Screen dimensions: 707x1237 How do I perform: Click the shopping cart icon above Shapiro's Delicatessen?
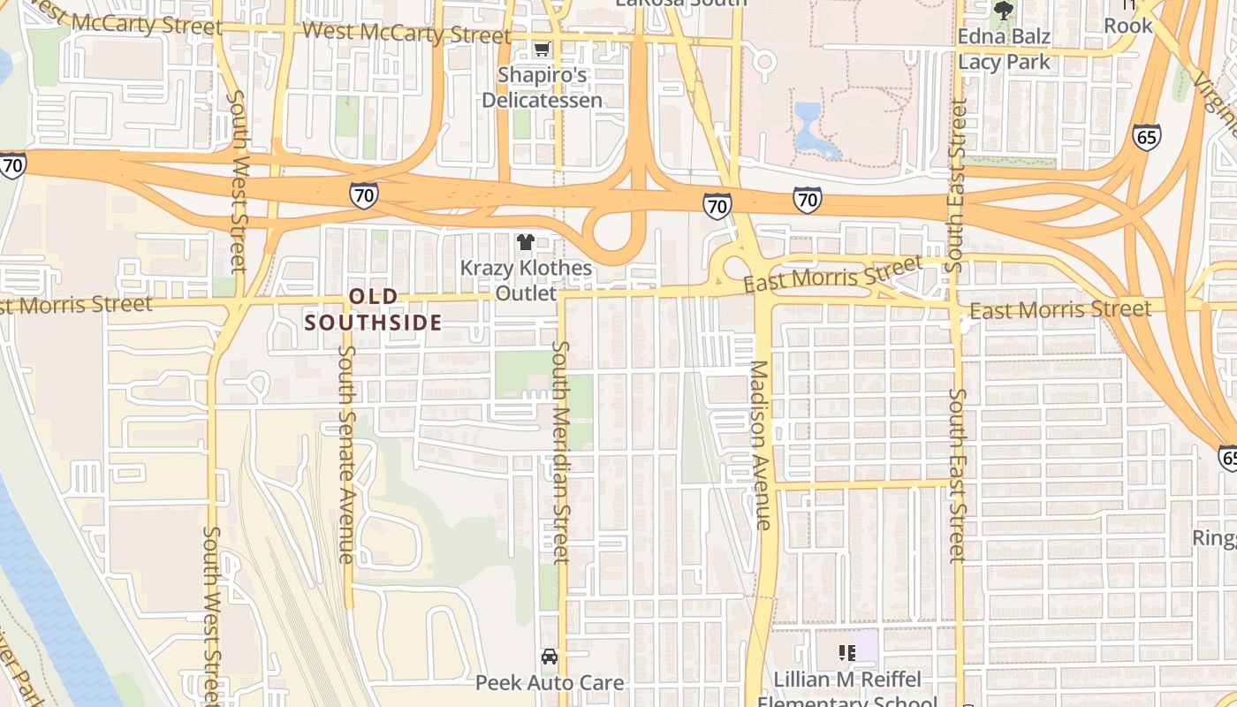coord(542,49)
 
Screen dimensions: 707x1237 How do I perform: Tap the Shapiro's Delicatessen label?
coord(543,87)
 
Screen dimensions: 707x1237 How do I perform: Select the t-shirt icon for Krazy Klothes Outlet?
coord(526,241)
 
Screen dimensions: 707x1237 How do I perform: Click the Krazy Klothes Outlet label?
coord(526,280)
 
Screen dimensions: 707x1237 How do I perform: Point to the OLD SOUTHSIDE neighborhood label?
coord(373,310)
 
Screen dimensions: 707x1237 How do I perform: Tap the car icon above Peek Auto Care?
coord(550,657)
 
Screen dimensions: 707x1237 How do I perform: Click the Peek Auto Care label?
coord(550,683)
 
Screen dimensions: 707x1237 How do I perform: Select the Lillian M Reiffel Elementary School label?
coord(847,690)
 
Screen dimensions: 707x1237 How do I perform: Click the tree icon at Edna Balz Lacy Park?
coord(1003,11)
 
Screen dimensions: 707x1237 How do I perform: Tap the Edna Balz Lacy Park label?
coord(1005,49)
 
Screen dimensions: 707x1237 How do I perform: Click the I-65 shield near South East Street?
coord(1146,137)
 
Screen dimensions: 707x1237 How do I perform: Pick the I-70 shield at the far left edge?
coord(12,165)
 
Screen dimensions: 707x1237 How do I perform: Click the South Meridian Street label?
coord(560,451)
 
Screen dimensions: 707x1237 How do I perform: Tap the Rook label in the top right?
coord(1128,26)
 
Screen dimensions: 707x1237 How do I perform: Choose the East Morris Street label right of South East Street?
coord(1060,309)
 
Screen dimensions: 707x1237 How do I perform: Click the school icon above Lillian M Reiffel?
coord(846,653)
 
